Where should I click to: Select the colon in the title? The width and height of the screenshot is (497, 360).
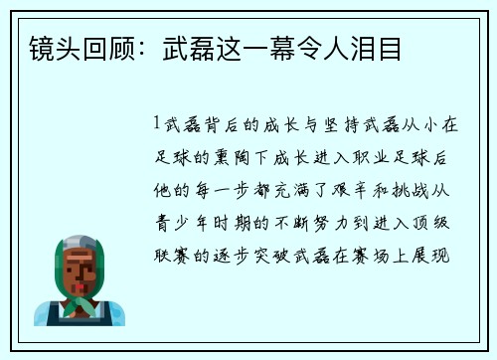click(x=134, y=47)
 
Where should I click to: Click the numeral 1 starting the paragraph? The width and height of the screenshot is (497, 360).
click(x=157, y=124)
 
